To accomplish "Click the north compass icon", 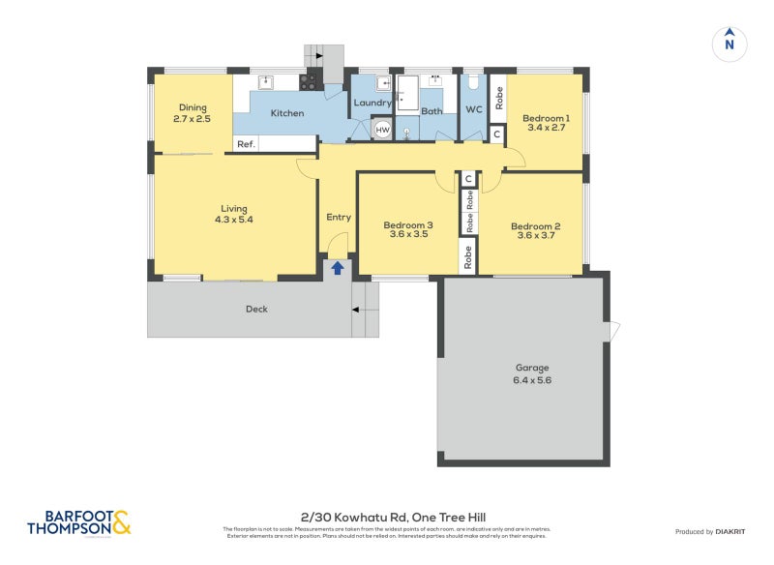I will coord(729,43).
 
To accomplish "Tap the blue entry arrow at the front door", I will coord(338,267).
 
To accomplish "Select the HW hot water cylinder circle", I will coord(382,129).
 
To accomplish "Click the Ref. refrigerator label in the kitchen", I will coord(246,144).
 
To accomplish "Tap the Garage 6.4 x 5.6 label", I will coord(531,373).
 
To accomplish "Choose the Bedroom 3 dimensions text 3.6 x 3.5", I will coord(408,234).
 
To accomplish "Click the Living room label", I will coord(233,208).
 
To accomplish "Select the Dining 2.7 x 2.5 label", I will coord(192,113).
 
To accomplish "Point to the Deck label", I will coord(255,310).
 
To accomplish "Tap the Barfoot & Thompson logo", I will coord(79,523).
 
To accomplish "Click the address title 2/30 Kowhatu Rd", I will coord(387,518).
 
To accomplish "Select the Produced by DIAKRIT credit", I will coord(714,531).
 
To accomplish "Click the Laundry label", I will coord(372,103).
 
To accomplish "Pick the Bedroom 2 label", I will coord(536,226).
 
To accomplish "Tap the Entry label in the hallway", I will coord(338,217).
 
